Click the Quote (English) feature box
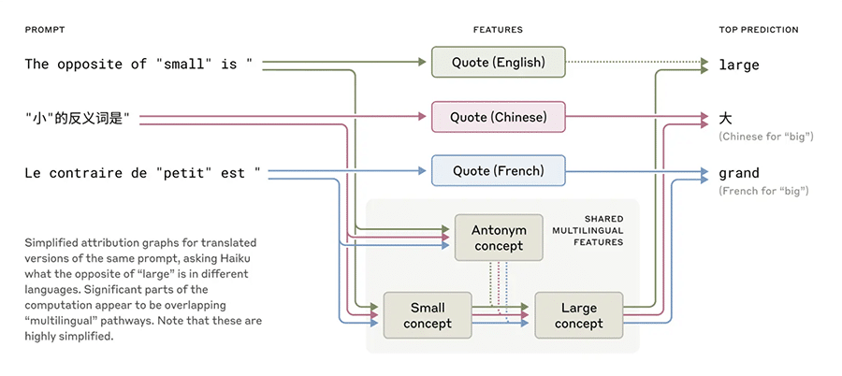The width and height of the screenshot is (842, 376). (499, 62)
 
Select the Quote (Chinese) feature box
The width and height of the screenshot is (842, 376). (499, 117)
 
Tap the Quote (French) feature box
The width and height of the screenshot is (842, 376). (499, 171)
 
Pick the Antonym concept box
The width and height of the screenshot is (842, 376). (499, 238)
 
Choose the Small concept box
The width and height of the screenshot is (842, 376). (428, 315)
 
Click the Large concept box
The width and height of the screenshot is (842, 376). (579, 315)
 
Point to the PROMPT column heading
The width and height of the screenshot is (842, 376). (45, 30)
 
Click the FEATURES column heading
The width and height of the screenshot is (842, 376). (498, 30)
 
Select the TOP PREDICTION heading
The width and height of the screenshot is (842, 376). (759, 30)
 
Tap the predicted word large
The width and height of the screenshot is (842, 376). (739, 65)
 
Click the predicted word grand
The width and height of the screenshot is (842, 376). (739, 173)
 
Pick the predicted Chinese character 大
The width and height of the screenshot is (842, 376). (725, 118)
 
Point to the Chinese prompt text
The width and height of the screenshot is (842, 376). (78, 118)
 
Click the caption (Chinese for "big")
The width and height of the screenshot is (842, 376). (766, 137)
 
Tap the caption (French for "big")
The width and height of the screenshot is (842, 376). (763, 191)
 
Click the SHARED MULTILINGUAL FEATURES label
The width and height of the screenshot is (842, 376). (598, 230)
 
